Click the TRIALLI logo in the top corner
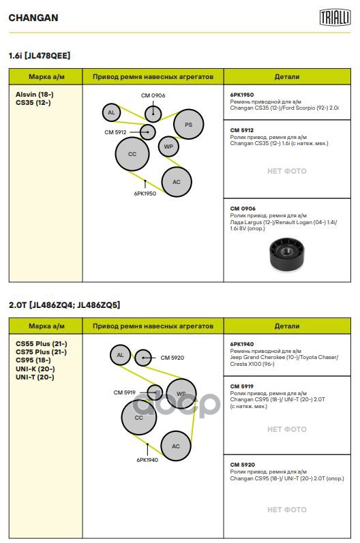(335, 17)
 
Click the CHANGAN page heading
(33, 18)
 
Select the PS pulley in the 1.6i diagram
(188, 124)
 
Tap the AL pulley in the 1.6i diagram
(111, 112)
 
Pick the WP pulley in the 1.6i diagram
(168, 146)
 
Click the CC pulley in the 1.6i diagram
(132, 154)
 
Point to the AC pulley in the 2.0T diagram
(176, 446)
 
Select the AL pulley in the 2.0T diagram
(120, 355)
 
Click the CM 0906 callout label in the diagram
(153, 95)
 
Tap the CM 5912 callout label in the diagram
(115, 132)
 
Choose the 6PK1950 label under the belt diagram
(145, 193)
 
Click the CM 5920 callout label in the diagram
(172, 358)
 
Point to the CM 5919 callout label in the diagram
(124, 392)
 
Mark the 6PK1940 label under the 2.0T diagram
(147, 460)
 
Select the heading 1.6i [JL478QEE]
(40, 55)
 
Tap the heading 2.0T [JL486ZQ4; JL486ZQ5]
(65, 305)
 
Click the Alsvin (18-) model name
(35, 94)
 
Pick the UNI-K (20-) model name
(35, 369)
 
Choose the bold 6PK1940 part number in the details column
(242, 344)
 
